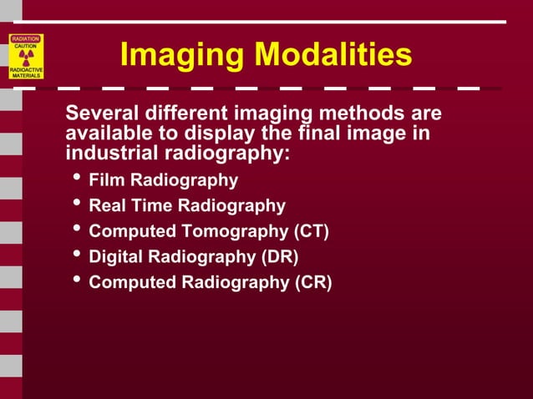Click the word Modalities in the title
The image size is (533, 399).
point(333,55)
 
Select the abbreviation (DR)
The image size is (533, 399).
point(279,256)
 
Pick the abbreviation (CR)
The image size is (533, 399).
point(312,282)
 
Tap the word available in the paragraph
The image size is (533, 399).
point(102,133)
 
